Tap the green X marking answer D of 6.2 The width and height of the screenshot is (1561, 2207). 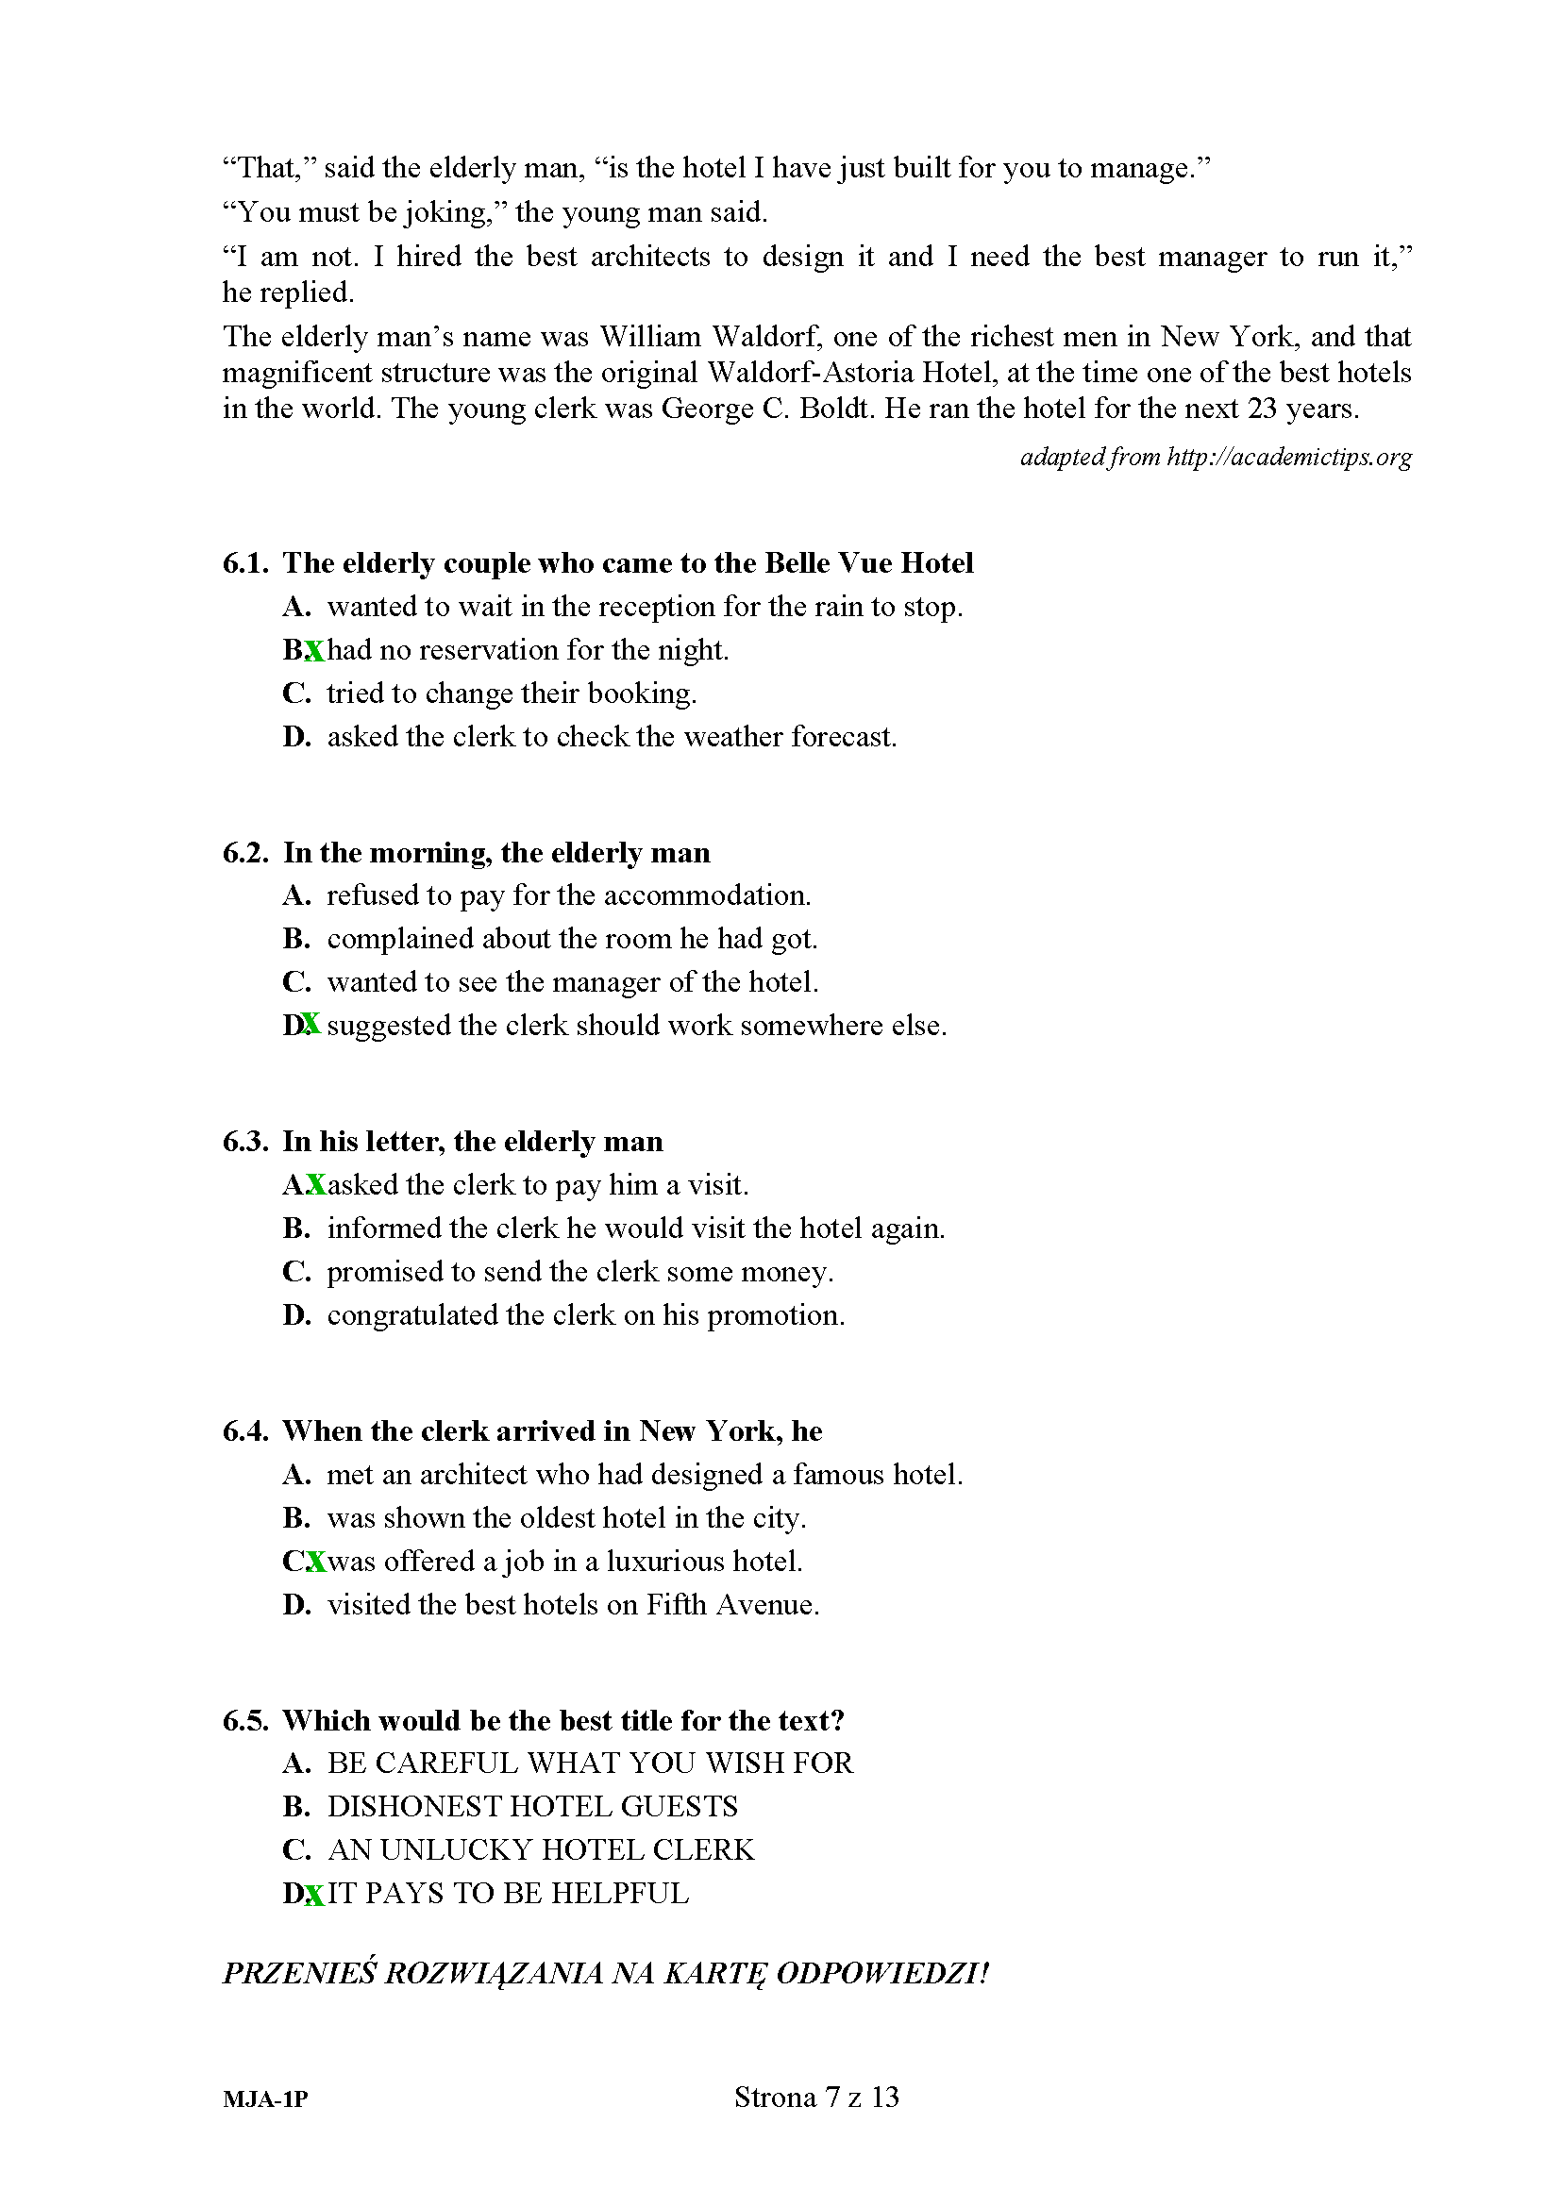click(x=311, y=1026)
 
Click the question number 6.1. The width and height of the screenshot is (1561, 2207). click(x=245, y=563)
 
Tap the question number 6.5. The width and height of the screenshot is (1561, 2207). click(x=245, y=1721)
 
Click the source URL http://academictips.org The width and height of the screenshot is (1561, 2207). click(x=1289, y=457)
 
